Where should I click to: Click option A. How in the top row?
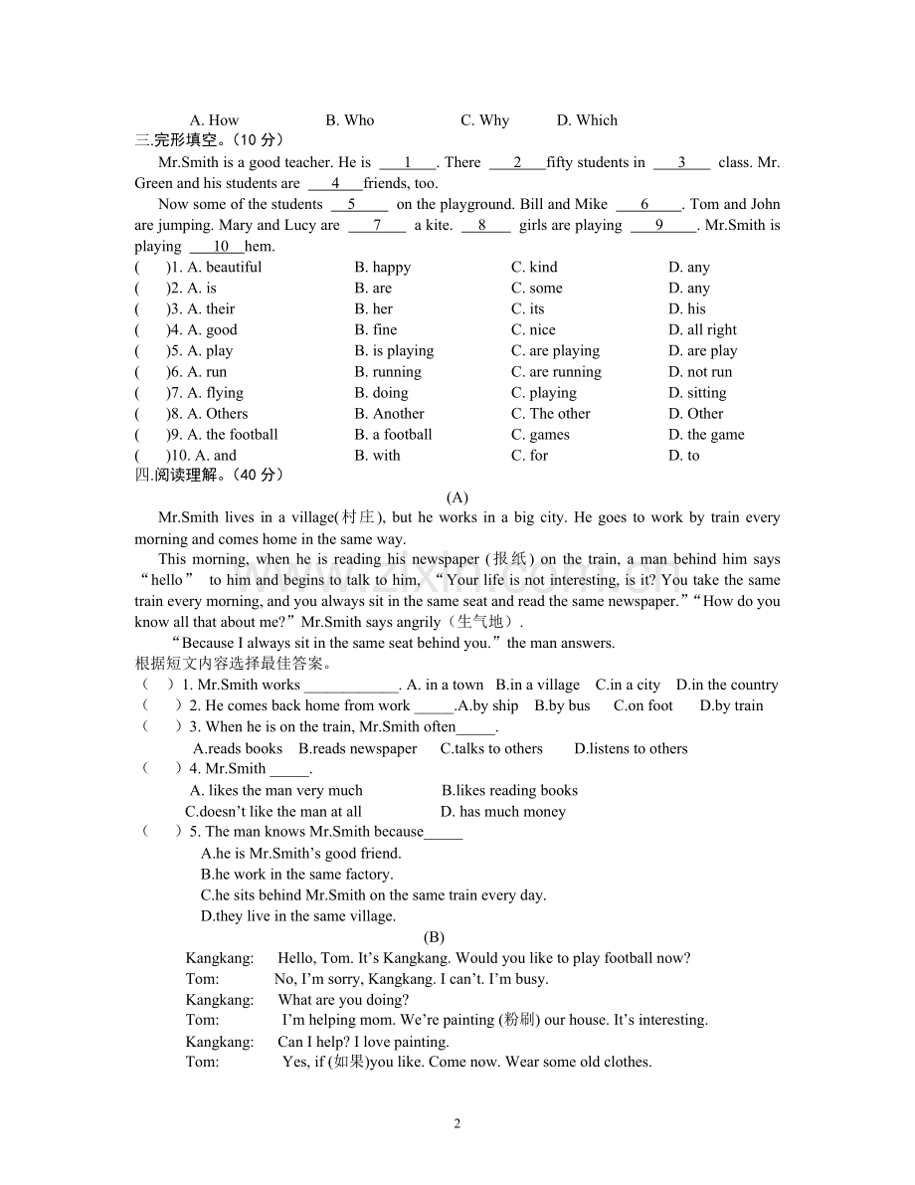click(214, 120)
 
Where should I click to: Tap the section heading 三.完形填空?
click(209, 140)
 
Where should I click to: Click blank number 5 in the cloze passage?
click(352, 204)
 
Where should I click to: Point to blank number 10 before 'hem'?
click(221, 246)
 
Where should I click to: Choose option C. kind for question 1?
click(534, 267)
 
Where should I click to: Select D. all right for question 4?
click(702, 329)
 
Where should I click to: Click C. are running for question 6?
click(556, 371)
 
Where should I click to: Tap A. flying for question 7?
click(215, 392)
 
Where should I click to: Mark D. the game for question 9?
click(706, 434)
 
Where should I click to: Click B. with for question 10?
click(377, 455)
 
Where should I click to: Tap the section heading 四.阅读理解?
click(209, 475)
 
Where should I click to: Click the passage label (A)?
click(457, 496)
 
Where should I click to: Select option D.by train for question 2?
click(731, 705)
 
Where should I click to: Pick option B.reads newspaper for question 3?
click(358, 748)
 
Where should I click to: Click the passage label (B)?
click(434, 936)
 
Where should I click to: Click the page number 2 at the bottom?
click(457, 1123)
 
